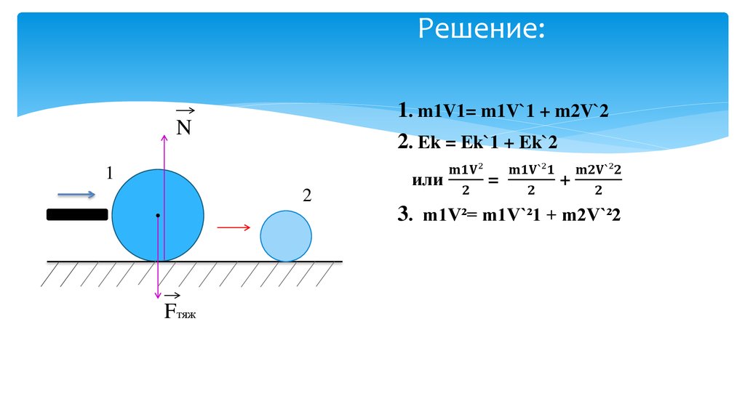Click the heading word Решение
pyautogui.click(x=480, y=31)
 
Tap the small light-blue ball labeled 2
pyautogui.click(x=286, y=236)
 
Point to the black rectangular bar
pyautogui.click(x=77, y=214)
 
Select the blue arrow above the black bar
pyautogui.click(x=76, y=195)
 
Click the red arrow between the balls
pyautogui.click(x=234, y=227)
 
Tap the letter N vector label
pyautogui.click(x=183, y=127)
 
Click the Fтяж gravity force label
pyautogui.click(x=180, y=312)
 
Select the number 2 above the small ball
pyautogui.click(x=307, y=195)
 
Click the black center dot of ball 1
pyautogui.click(x=158, y=216)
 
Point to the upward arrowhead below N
pyautogui.click(x=164, y=138)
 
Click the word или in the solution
pyautogui.click(x=427, y=180)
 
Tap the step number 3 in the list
pyautogui.click(x=405, y=214)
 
